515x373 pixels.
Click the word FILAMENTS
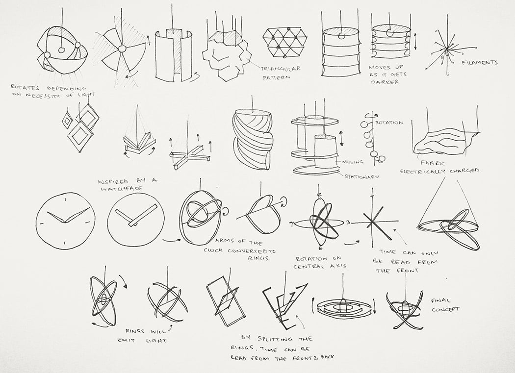pyautogui.click(x=480, y=62)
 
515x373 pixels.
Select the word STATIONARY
pyautogui.click(x=361, y=176)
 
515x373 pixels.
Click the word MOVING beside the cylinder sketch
pyautogui.click(x=353, y=162)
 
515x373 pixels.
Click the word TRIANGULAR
pyautogui.click(x=281, y=69)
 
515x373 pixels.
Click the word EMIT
pyautogui.click(x=127, y=341)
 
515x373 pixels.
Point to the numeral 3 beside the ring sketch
pyautogui.click(x=348, y=223)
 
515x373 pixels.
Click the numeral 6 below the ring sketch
pyautogui.click(x=320, y=248)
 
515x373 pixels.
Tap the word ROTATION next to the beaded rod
pyautogui.click(x=389, y=123)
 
